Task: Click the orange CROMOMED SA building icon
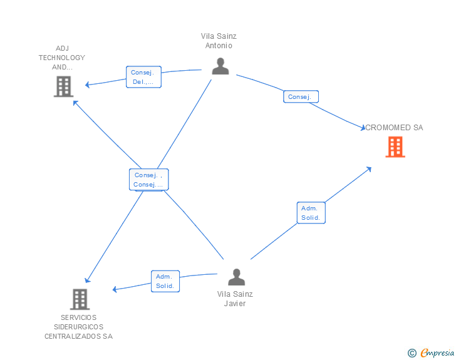pyautogui.click(x=395, y=147)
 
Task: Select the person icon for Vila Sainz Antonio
pyautogui.click(x=220, y=66)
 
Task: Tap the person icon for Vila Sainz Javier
pyautogui.click(x=236, y=277)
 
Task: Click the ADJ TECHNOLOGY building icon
pyautogui.click(x=64, y=86)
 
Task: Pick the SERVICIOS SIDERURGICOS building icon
pyautogui.click(x=80, y=299)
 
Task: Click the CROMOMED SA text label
pyautogui.click(x=394, y=128)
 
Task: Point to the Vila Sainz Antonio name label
pyautogui.click(x=219, y=41)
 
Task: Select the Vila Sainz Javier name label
pyautogui.click(x=235, y=299)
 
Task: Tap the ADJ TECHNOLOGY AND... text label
pyautogui.click(x=61, y=58)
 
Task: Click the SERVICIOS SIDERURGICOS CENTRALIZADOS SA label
pyautogui.click(x=79, y=327)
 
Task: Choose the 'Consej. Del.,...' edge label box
pyautogui.click(x=143, y=77)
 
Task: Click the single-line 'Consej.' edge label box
pyautogui.click(x=301, y=96)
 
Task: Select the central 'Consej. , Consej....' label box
pyautogui.click(x=149, y=180)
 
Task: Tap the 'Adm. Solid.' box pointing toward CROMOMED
pyautogui.click(x=311, y=213)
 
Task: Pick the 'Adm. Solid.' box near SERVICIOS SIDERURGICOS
pyautogui.click(x=165, y=281)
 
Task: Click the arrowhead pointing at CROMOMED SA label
pyautogui.click(x=362, y=128)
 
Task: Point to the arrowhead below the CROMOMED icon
pyautogui.click(x=370, y=169)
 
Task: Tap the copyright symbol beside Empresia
pyautogui.click(x=412, y=353)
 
